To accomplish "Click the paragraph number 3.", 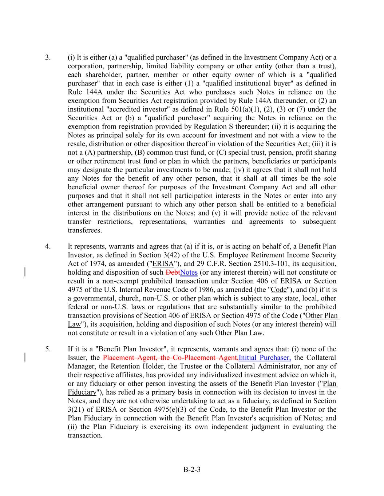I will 47,57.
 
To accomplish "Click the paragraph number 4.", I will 47,247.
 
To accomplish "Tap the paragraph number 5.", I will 47,349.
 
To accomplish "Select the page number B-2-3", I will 192,469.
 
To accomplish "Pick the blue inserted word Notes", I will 189,273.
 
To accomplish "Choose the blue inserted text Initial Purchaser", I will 265,358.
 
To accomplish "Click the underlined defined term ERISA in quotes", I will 163,264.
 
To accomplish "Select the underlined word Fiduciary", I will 82,392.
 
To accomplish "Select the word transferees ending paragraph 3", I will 85,230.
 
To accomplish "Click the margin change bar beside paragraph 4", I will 25,272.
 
